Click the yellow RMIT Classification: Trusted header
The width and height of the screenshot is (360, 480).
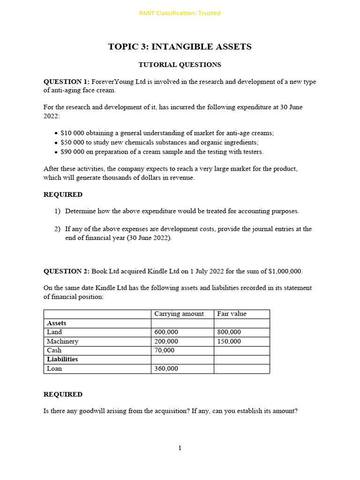point(180,13)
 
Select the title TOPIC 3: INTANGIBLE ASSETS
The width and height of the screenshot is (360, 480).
point(180,46)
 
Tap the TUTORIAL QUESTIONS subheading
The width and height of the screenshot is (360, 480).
point(180,65)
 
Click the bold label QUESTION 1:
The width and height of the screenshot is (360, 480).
point(66,82)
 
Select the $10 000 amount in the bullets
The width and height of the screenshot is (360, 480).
point(72,133)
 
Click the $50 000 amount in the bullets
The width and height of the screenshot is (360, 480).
point(72,142)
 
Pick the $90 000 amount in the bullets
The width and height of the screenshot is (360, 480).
point(72,152)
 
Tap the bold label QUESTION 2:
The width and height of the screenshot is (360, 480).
point(66,271)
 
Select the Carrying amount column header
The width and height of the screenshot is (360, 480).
point(179,314)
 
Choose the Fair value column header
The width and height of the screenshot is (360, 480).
point(232,314)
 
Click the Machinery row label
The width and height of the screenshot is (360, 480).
point(62,341)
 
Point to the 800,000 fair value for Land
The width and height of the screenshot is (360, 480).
point(229,332)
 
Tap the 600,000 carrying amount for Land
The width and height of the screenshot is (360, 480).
point(166,332)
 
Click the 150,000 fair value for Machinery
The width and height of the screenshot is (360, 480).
point(229,341)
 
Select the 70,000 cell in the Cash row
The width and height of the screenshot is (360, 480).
point(165,351)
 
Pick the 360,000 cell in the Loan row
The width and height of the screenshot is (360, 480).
point(166,369)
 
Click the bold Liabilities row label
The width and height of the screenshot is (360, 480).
point(62,360)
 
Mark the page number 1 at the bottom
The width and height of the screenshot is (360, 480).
point(180,448)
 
